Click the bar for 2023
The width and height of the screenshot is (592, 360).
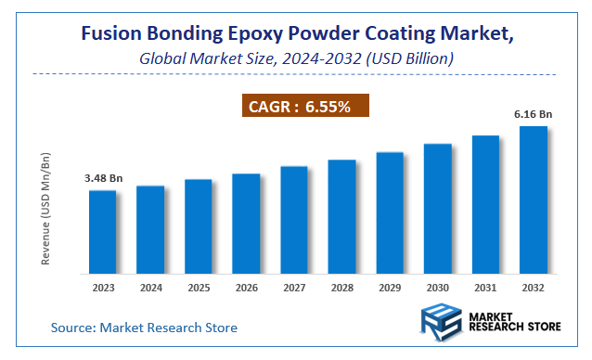[103, 231]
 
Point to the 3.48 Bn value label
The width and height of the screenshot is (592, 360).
[103, 177]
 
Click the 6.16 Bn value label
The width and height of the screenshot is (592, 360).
[533, 113]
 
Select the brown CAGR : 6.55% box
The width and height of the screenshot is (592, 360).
[307, 106]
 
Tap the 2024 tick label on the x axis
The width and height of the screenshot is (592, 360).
[150, 288]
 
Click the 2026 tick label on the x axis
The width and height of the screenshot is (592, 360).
[246, 288]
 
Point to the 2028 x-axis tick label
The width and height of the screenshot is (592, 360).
[341, 288]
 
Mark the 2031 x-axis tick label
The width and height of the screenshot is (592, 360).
[485, 288]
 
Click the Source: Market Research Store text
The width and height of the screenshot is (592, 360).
[144, 327]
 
